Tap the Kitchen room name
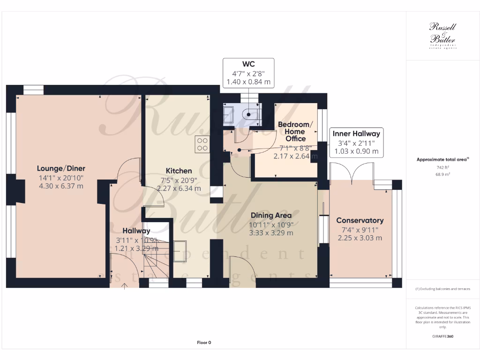pyautogui.click(x=179, y=171)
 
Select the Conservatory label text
pyautogui.click(x=360, y=220)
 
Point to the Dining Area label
pyautogui.click(x=271, y=215)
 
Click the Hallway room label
pyautogui.click(x=136, y=231)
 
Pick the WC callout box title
pyautogui.click(x=248, y=64)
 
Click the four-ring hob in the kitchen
pyautogui.click(x=202, y=144)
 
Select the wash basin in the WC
pyautogui.click(x=228, y=114)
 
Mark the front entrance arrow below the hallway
pyautogui.click(x=124, y=285)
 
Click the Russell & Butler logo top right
pyautogui.click(x=442, y=35)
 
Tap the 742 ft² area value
pyautogui.click(x=442, y=167)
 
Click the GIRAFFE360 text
pyautogui.click(x=442, y=337)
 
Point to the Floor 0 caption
pyautogui.click(x=204, y=343)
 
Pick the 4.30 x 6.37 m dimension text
pyautogui.click(x=61, y=186)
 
